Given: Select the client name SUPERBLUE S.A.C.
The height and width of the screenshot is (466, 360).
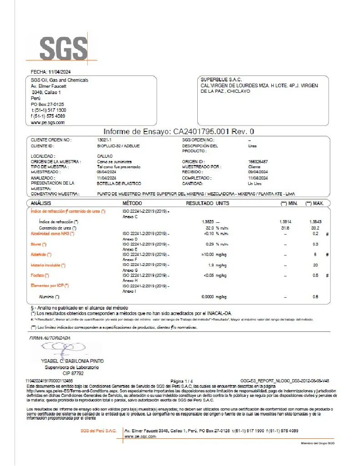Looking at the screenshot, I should (221, 80).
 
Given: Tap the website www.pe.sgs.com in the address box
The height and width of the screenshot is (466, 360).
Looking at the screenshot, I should (48, 123).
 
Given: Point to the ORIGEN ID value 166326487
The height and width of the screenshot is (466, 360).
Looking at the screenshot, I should (258, 161).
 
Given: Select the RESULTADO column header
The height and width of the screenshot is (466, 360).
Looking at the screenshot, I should (200, 203).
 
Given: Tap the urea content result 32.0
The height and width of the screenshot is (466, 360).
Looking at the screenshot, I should (210, 227).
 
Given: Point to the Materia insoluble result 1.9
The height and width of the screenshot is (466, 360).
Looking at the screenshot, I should (211, 265).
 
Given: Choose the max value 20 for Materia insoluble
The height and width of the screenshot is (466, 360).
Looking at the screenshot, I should (315, 265).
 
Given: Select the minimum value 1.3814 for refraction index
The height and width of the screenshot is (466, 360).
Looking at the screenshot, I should (285, 221).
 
